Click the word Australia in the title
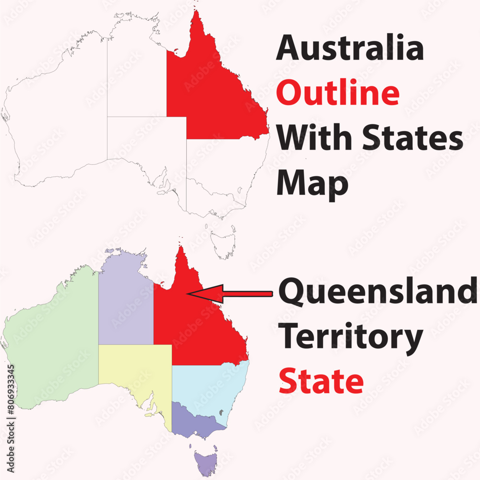(x=349, y=49)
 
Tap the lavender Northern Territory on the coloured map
(x=126, y=307)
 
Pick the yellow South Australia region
(x=134, y=370)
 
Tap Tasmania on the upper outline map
(x=224, y=242)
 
